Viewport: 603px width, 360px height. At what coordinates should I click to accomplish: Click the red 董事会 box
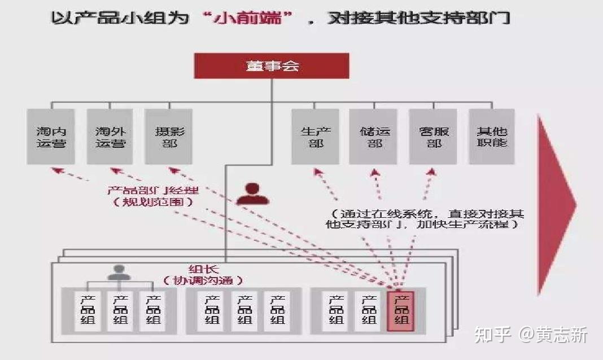(x=272, y=65)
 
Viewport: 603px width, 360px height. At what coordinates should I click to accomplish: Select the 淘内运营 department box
(x=51, y=137)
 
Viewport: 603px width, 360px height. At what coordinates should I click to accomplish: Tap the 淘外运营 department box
(x=110, y=137)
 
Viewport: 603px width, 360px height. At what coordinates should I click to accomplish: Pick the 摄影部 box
(x=168, y=137)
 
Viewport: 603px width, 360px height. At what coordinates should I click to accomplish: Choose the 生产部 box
(x=316, y=137)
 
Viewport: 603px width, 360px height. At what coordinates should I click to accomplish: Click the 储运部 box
(x=373, y=137)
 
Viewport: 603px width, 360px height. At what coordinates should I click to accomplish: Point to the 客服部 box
(x=433, y=137)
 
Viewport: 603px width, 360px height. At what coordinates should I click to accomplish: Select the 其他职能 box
(x=491, y=137)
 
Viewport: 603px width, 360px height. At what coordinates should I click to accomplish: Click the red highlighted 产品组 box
(x=400, y=311)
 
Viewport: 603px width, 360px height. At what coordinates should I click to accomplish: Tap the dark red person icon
(x=252, y=194)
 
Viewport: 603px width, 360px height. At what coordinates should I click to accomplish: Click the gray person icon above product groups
(x=119, y=273)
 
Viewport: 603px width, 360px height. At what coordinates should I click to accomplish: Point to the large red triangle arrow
(x=556, y=205)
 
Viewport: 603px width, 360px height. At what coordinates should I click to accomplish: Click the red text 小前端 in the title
(x=248, y=17)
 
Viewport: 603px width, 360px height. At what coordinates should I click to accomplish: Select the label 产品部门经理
(x=152, y=190)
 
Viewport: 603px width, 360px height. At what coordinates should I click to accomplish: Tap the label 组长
(x=203, y=269)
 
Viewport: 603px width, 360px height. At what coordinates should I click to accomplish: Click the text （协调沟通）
(x=203, y=280)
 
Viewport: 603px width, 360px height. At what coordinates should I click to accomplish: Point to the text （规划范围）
(x=152, y=201)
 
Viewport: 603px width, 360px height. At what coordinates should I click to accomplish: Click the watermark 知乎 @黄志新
(x=531, y=334)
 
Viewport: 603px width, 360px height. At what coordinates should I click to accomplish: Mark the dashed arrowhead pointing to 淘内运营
(x=58, y=170)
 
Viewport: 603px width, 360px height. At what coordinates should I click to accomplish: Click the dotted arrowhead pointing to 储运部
(x=375, y=173)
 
